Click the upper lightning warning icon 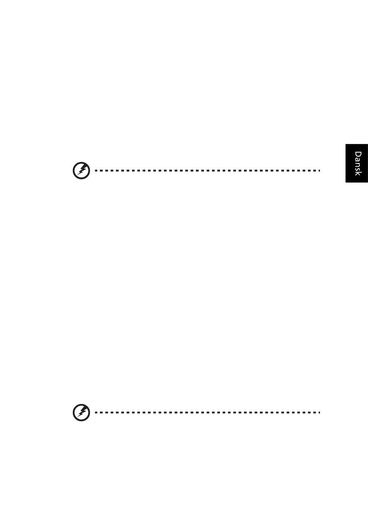click(x=81, y=170)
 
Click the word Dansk click(x=358, y=163)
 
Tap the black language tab click(x=357, y=163)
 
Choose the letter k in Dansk click(x=358, y=174)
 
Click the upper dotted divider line click(x=208, y=170)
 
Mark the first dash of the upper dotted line click(x=96, y=170)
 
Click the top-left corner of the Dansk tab click(x=346, y=144)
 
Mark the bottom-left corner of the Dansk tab click(x=346, y=182)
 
